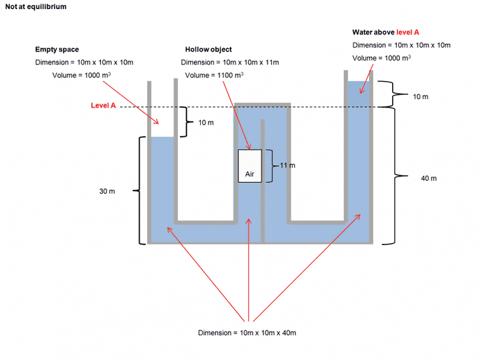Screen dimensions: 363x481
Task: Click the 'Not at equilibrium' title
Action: tap(36, 7)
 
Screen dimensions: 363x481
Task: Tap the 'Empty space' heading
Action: tap(57, 50)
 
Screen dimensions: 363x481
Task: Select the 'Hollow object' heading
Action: tap(208, 50)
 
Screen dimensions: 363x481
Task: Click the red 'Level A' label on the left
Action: tap(103, 106)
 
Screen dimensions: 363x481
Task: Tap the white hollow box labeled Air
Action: tap(250, 165)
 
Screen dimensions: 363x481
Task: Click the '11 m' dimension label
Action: tap(287, 165)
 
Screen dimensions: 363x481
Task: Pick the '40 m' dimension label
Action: tap(428, 178)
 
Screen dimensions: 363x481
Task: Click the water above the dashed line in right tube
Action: tap(358, 94)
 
